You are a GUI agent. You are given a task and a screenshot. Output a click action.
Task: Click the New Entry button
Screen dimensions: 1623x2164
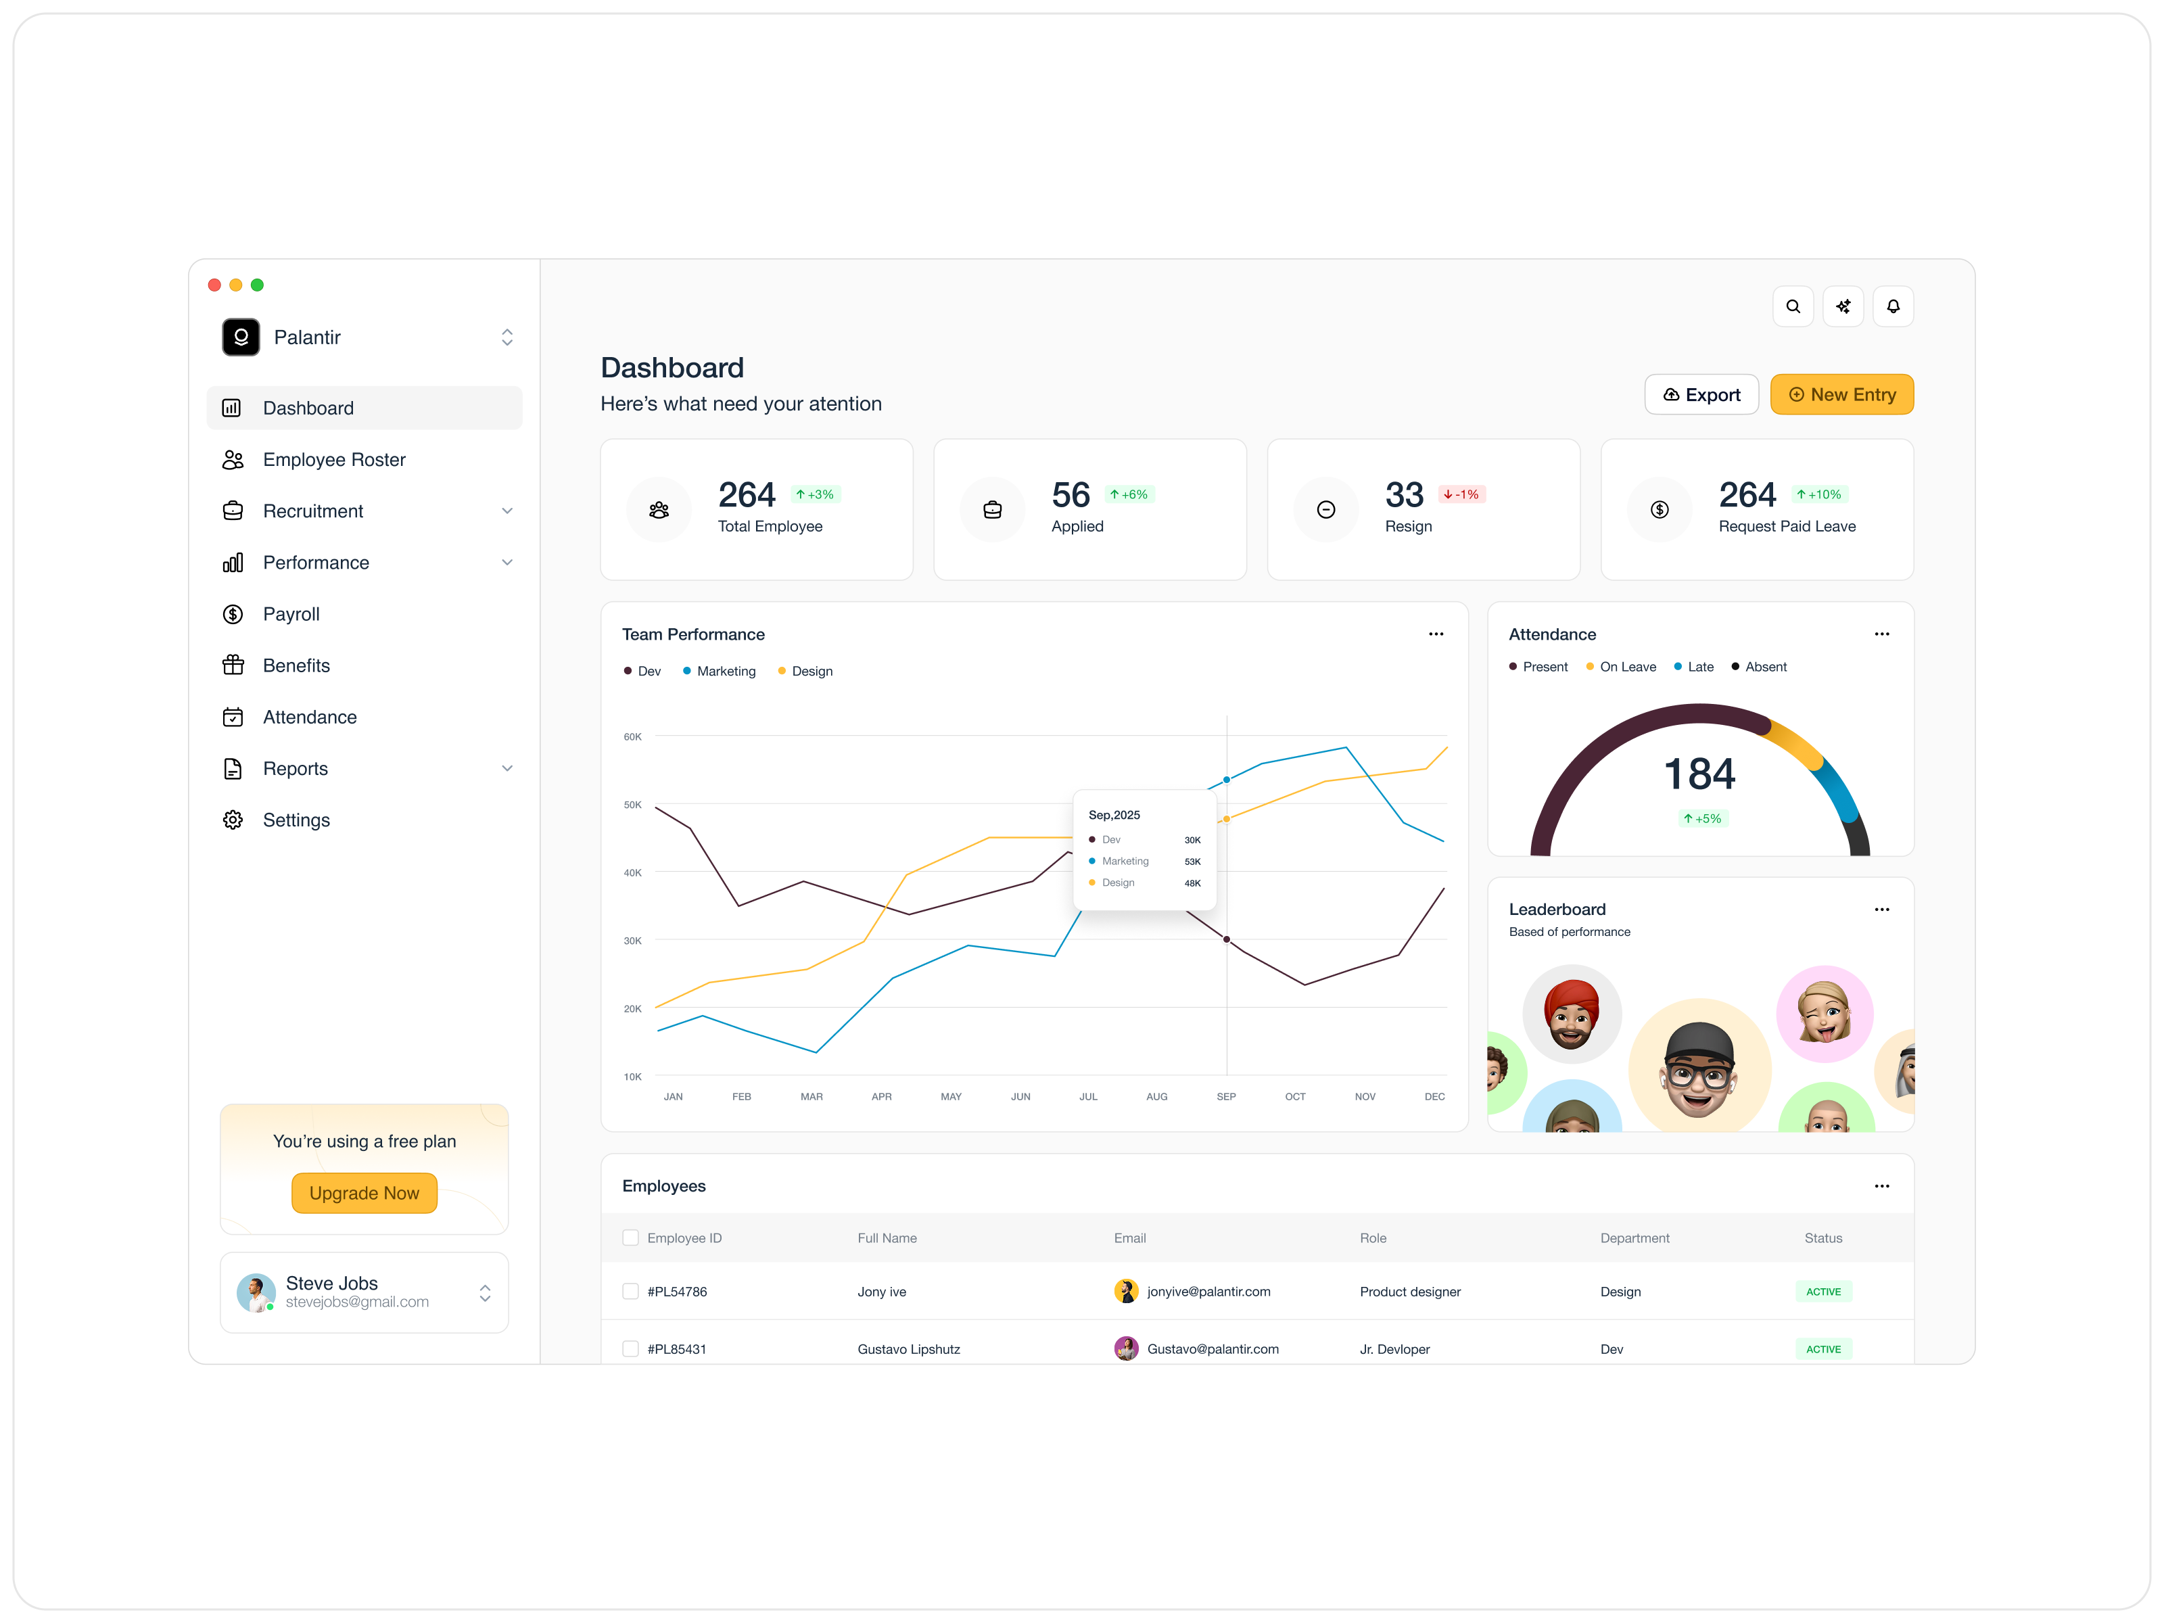pos(1841,394)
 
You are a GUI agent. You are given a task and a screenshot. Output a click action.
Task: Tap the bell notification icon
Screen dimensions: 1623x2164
pos(1892,306)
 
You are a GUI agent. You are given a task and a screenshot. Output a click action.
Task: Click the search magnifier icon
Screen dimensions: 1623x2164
pos(1792,306)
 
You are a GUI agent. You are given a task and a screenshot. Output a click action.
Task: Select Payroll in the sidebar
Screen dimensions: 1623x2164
pos(291,614)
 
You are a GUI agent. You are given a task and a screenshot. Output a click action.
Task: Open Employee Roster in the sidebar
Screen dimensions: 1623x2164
pos(333,460)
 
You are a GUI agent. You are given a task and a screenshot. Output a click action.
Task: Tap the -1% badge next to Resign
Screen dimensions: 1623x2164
pos(1461,494)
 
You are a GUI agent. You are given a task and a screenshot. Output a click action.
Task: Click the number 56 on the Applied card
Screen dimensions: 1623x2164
pos(1071,495)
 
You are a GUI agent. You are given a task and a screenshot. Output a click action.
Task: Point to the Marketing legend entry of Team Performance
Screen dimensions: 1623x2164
pos(725,671)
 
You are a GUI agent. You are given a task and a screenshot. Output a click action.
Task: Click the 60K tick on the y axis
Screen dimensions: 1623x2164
pos(632,736)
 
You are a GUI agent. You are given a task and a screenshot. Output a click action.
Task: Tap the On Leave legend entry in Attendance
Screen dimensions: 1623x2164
pos(1627,667)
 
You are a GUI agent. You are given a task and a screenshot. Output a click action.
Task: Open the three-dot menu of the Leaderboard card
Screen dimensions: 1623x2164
pos(1880,910)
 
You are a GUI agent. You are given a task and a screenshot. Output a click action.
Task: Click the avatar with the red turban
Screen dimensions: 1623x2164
pos(1571,1014)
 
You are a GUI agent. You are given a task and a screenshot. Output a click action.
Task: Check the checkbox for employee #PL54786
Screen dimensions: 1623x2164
pos(631,1292)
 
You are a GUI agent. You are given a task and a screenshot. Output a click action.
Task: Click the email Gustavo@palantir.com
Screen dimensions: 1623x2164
pos(1212,1349)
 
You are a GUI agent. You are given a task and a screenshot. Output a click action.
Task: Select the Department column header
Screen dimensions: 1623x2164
pos(1634,1238)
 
